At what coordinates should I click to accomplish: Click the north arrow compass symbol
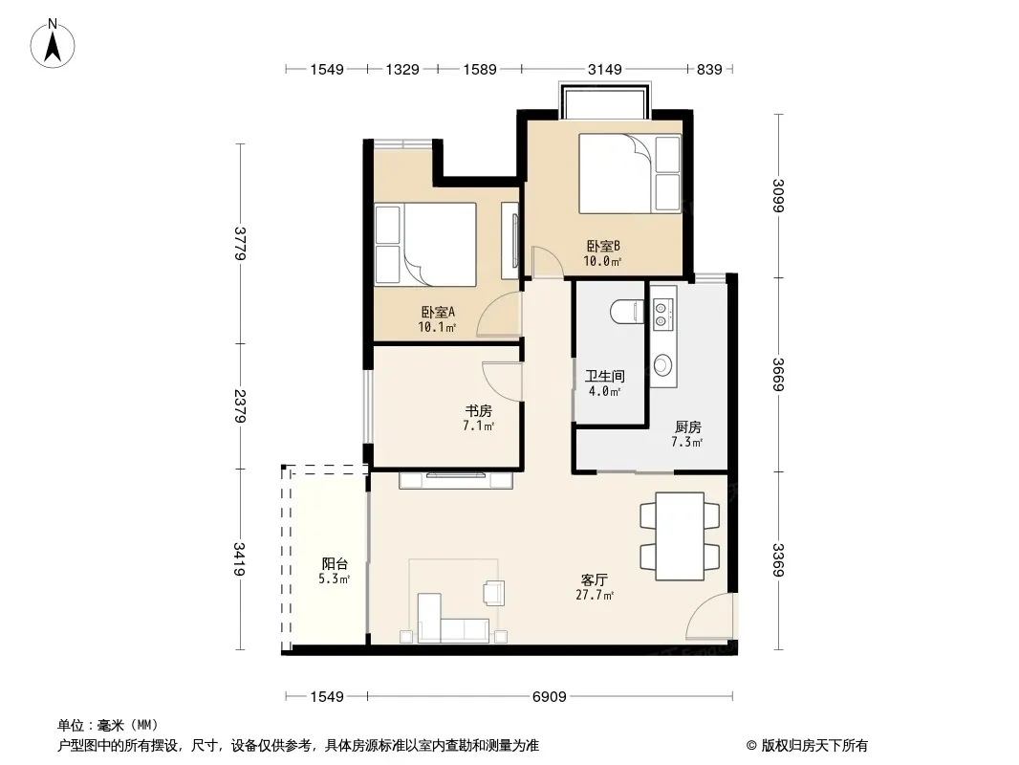(53, 44)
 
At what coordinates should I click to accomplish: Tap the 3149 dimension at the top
(604, 69)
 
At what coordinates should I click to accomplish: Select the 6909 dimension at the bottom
(549, 697)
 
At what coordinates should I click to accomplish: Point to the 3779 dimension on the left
(241, 243)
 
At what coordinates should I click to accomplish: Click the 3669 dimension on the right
(778, 375)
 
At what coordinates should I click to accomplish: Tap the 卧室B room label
(603, 247)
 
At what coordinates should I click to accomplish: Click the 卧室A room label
(438, 312)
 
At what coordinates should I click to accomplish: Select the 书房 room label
(478, 411)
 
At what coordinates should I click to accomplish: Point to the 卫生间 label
(605, 377)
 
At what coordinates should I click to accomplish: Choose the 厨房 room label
(687, 427)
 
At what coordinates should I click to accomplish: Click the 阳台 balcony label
(335, 563)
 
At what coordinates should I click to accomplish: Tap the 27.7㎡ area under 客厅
(595, 595)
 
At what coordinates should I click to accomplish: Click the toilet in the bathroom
(627, 312)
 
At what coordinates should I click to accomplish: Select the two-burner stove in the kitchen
(661, 315)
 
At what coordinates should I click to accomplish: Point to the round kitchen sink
(662, 364)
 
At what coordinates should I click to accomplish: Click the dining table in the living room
(680, 536)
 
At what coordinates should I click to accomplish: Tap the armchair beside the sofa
(493, 593)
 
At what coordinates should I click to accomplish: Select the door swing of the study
(503, 382)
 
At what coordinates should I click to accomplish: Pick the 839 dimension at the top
(709, 69)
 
